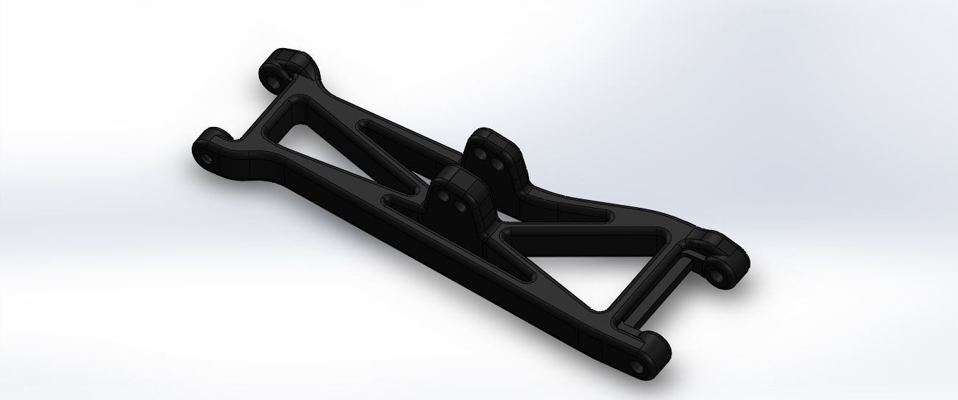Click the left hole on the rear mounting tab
point(483,156)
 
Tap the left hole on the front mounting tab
point(444,194)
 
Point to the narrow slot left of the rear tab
point(401,135)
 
